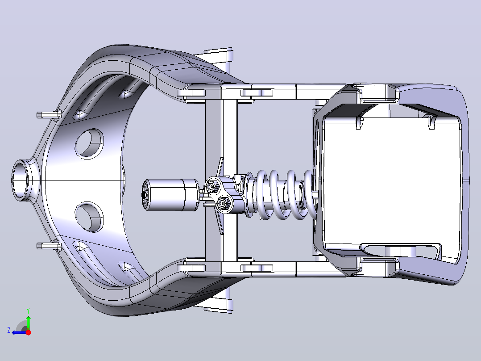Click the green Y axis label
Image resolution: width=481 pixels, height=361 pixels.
click(28, 311)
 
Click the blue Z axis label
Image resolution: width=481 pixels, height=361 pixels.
click(9, 330)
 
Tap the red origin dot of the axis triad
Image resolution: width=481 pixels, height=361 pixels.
click(28, 332)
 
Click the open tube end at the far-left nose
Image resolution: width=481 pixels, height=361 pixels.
click(21, 180)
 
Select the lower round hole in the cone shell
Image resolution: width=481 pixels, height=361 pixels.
click(89, 217)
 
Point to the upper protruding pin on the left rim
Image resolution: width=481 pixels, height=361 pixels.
click(48, 114)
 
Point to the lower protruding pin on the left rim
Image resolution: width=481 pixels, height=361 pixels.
click(48, 246)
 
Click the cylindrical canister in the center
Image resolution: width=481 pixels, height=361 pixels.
click(170, 195)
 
